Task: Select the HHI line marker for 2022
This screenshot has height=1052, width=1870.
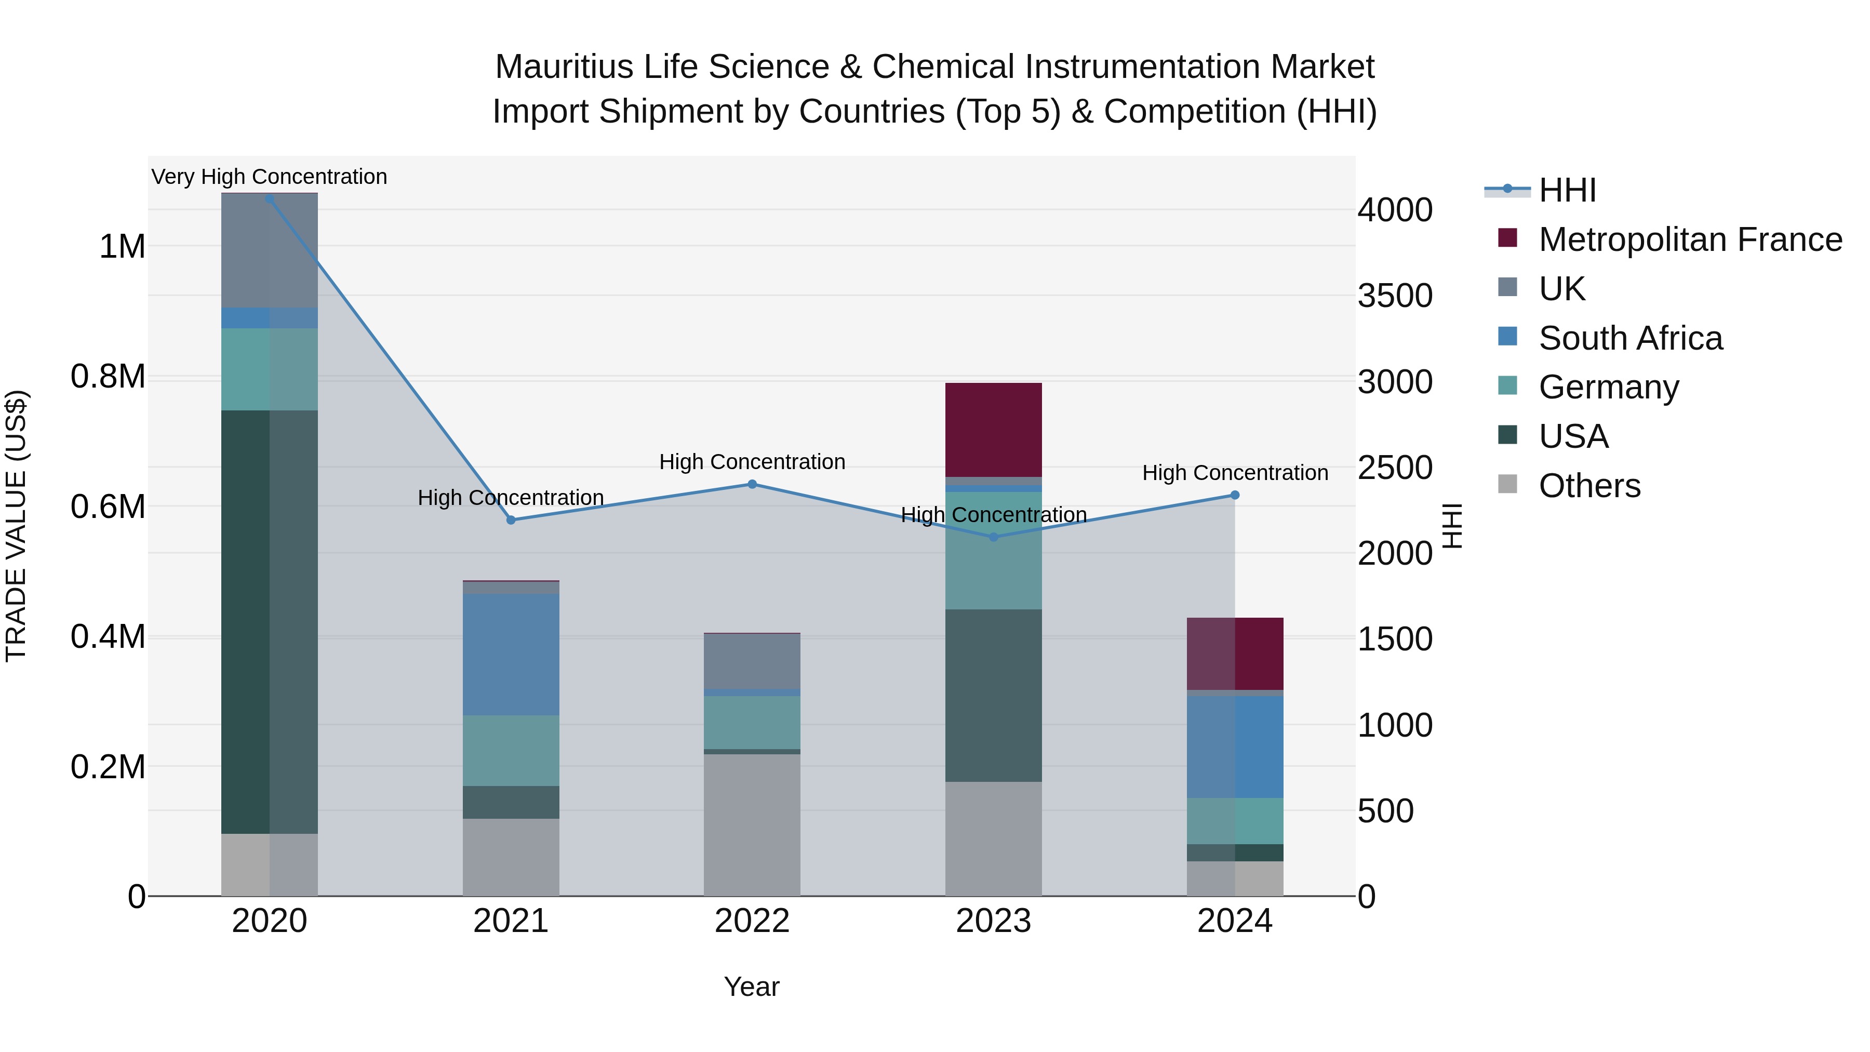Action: pyautogui.click(x=752, y=484)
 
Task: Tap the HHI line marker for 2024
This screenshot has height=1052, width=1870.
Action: pyautogui.click(x=1235, y=495)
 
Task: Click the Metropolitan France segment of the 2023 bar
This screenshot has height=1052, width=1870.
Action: pyautogui.click(x=993, y=430)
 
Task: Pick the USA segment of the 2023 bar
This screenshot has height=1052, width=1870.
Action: pyautogui.click(x=993, y=696)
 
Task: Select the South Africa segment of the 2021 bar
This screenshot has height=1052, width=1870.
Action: pyautogui.click(x=511, y=655)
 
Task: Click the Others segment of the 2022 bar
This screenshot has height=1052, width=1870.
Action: pyautogui.click(x=752, y=825)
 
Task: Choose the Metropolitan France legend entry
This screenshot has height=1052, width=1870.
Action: pyautogui.click(x=1689, y=239)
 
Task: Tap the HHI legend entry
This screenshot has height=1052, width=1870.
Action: pyautogui.click(x=1567, y=190)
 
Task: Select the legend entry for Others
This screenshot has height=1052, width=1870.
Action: pyautogui.click(x=1588, y=486)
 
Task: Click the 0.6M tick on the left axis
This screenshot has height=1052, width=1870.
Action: pyautogui.click(x=108, y=507)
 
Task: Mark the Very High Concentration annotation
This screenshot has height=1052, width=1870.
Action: pyautogui.click(x=269, y=177)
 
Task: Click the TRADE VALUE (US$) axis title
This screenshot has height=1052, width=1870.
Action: pyautogui.click(x=17, y=526)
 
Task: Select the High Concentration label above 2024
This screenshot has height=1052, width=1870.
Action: pyautogui.click(x=1235, y=473)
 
